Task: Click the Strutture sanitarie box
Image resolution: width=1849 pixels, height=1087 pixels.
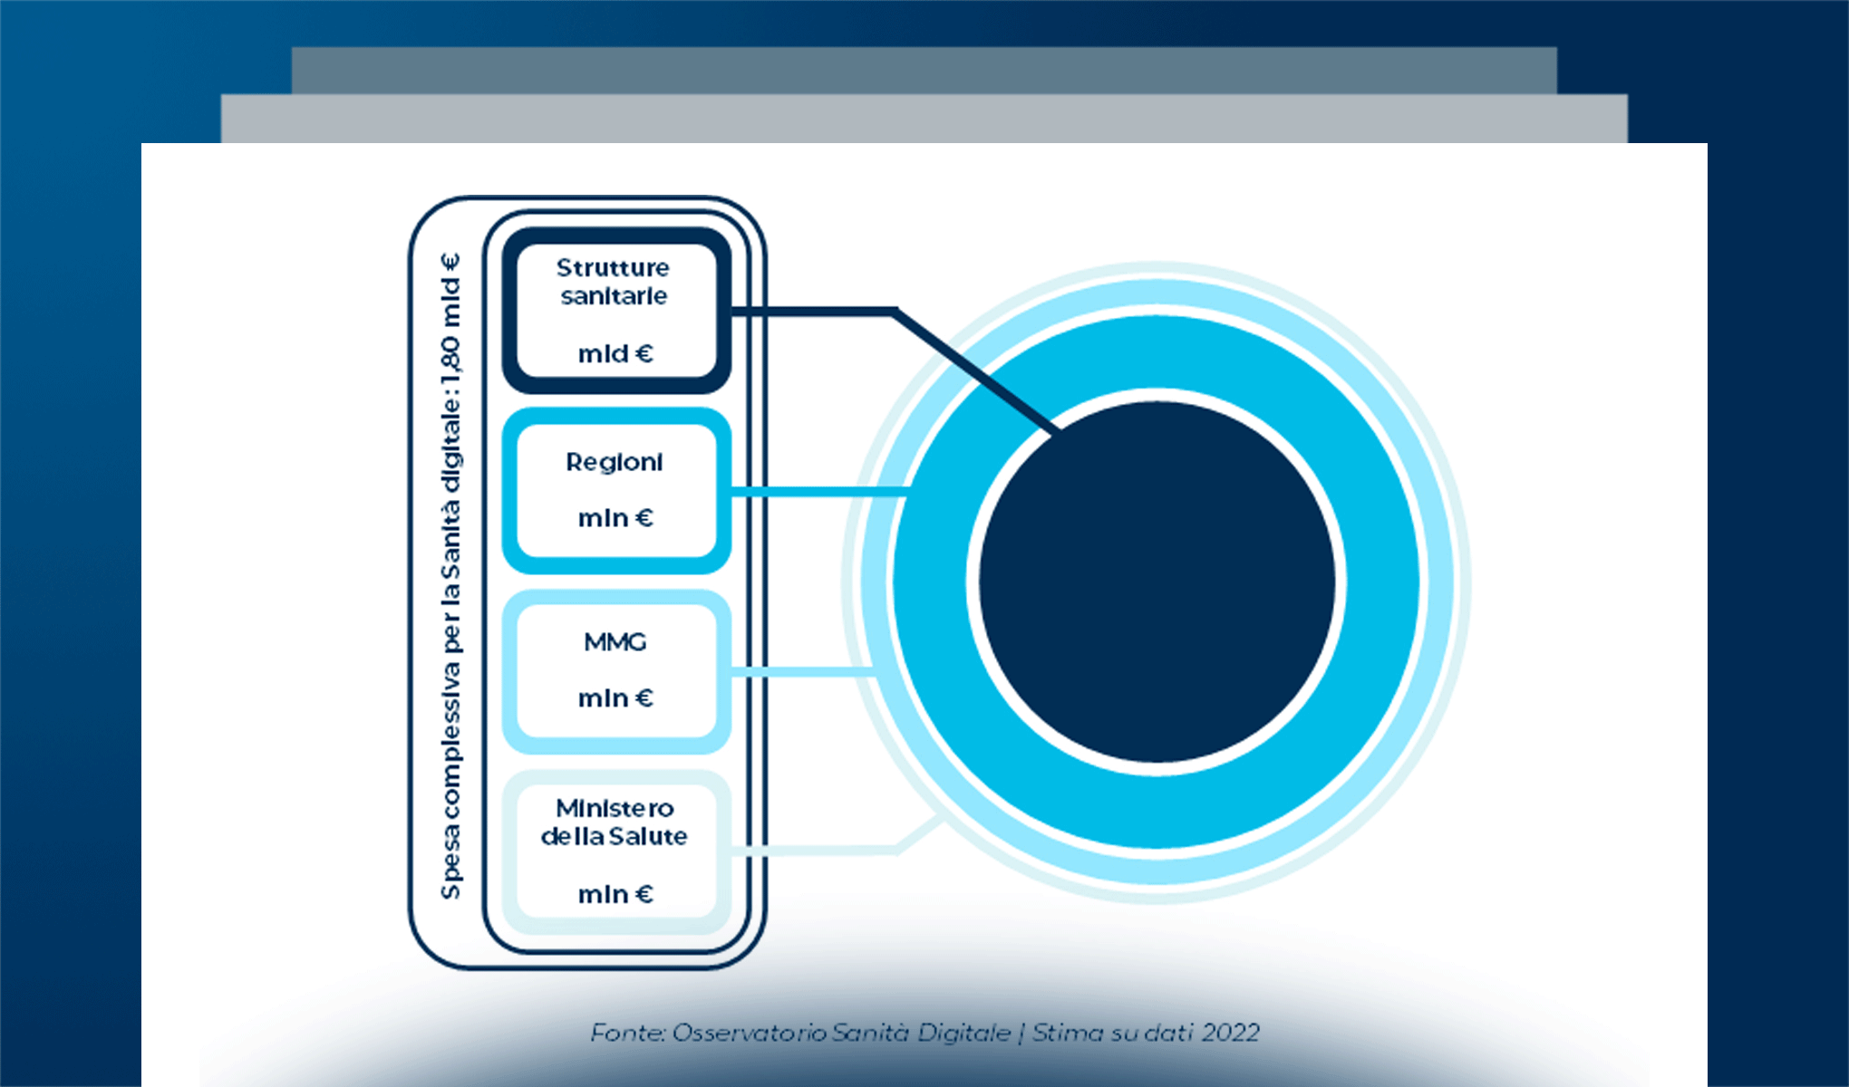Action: click(x=616, y=311)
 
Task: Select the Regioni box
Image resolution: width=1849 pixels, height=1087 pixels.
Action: click(x=616, y=491)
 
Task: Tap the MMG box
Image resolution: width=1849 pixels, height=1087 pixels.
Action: click(x=616, y=671)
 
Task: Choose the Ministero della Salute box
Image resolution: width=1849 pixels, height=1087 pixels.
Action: click(x=616, y=851)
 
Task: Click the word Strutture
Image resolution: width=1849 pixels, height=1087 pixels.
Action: click(x=613, y=268)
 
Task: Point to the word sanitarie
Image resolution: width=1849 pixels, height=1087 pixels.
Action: click(x=614, y=296)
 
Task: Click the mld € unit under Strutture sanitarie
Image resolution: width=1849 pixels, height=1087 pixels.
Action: click(x=615, y=353)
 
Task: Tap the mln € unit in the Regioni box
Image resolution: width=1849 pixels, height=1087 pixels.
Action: click(x=615, y=518)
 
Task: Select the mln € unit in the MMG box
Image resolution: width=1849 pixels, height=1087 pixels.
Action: click(x=615, y=698)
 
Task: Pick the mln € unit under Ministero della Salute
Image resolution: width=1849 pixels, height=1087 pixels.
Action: click(x=615, y=895)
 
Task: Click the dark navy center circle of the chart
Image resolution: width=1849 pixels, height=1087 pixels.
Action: click(x=1157, y=582)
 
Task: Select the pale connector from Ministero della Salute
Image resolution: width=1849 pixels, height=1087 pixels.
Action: click(x=816, y=851)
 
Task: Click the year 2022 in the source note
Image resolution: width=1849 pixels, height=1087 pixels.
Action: click(x=1231, y=1033)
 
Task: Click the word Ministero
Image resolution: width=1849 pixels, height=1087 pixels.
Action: click(x=615, y=808)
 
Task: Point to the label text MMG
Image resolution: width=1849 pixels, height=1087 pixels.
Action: click(x=615, y=642)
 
